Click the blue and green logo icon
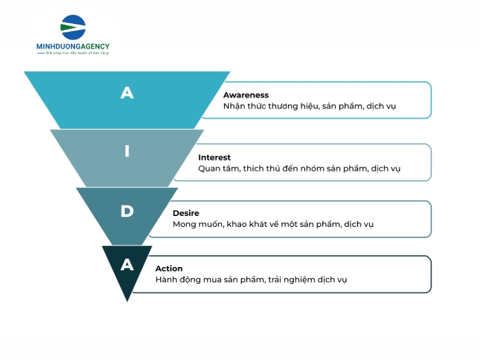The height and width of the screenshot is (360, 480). coord(73,27)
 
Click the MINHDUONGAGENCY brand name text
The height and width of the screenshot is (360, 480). coord(73,47)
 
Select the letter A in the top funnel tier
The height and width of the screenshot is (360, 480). coord(127,92)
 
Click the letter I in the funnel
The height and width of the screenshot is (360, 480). coord(127,151)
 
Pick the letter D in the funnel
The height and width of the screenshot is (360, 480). coord(127,211)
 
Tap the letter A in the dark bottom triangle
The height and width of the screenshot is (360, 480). coord(127,265)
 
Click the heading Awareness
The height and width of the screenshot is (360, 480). coord(246,95)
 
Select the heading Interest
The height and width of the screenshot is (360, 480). coord(214,157)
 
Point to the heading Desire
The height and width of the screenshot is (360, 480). coord(186,213)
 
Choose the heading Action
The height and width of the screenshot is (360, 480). coord(169,268)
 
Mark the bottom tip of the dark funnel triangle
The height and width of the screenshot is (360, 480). coord(127,302)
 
